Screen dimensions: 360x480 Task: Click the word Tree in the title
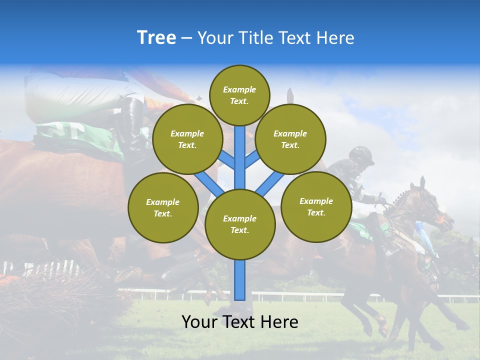[156, 38]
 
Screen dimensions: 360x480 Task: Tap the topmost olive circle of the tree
[239, 95]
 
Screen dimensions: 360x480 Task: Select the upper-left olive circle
[187, 139]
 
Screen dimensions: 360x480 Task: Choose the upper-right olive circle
[290, 139]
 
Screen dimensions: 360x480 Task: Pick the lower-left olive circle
[163, 207]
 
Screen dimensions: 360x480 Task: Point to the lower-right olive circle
[316, 206]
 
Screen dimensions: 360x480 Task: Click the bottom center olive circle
[240, 224]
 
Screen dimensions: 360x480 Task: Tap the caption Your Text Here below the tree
[240, 322]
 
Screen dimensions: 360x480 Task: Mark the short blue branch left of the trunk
[226, 159]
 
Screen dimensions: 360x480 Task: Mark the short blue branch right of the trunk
[252, 159]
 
